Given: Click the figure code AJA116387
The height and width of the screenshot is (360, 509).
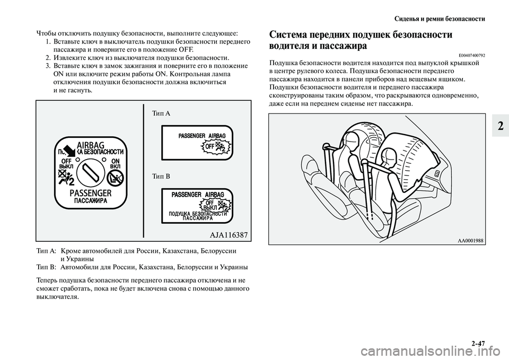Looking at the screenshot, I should coord(225,234).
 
